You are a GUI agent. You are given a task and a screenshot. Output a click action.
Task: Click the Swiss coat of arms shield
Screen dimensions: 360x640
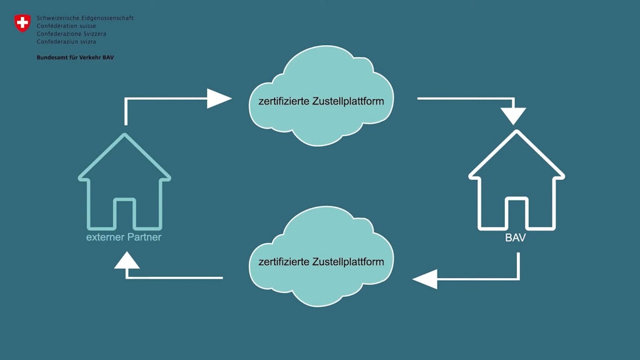point(22,24)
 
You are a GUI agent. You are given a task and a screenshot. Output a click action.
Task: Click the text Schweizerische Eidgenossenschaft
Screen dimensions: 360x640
point(85,18)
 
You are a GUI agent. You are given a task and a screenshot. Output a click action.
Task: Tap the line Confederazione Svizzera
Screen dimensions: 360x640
point(71,33)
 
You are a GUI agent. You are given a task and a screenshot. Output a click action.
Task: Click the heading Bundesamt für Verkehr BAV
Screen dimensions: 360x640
point(75,57)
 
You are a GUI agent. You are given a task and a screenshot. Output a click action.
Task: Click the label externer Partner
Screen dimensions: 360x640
point(124,238)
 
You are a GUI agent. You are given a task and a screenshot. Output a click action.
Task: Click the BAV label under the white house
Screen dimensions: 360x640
point(516,238)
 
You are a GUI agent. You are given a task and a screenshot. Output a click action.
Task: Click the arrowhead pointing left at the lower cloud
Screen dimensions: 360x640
point(426,278)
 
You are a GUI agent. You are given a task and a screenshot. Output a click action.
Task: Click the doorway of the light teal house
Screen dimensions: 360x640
point(124,214)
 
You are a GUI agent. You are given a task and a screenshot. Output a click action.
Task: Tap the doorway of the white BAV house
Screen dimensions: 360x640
point(517,214)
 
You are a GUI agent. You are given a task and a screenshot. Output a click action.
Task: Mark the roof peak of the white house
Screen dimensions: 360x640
point(516,132)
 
